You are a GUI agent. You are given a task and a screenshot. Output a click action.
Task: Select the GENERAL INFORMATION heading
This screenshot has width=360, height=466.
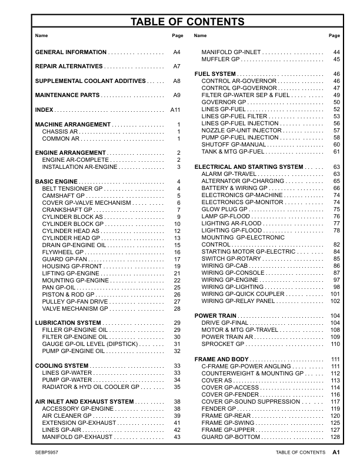pyautogui.click(x=71, y=52)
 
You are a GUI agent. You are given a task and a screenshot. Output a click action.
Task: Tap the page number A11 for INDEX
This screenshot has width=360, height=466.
pyautogui.click(x=175, y=110)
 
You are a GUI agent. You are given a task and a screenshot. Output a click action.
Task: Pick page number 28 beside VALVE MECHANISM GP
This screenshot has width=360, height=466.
pyautogui.click(x=177, y=309)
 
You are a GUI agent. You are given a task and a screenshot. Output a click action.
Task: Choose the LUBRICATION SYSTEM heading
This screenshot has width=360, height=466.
pyautogui.click(x=68, y=323)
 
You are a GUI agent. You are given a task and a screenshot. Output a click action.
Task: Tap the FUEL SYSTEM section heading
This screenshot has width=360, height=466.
pyautogui.click(x=215, y=74)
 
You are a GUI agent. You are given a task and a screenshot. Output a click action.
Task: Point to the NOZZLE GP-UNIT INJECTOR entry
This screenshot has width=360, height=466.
pyautogui.click(x=242, y=130)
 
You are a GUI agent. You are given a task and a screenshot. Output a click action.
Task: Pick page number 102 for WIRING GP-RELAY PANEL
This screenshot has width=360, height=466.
pyautogui.click(x=335, y=301)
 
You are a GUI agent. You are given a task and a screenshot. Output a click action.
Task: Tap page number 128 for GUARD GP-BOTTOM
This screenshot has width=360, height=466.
pyautogui.click(x=335, y=437)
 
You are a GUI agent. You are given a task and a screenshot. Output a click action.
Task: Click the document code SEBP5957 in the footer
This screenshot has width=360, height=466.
pyautogui.click(x=48, y=452)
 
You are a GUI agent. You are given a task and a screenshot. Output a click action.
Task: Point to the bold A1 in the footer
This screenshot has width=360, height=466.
pyautogui.click(x=336, y=452)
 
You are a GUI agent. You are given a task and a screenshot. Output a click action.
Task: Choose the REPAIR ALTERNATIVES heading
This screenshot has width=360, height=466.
pyautogui.click(x=69, y=66)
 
